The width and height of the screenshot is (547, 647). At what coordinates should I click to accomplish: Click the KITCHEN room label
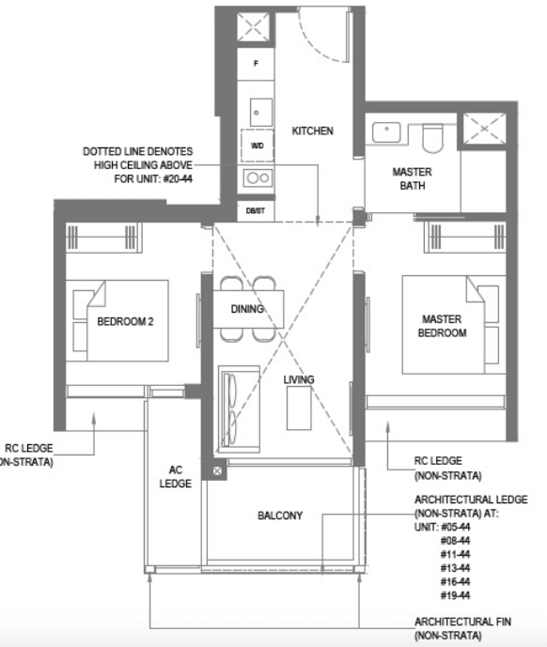312,131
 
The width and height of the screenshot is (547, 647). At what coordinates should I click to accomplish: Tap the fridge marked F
256,64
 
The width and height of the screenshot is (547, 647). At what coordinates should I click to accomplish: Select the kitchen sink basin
261,113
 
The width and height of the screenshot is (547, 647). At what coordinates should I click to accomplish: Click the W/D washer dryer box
258,146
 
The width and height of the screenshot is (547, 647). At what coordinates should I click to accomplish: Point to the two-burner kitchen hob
258,178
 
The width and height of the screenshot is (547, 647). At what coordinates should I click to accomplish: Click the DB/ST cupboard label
256,211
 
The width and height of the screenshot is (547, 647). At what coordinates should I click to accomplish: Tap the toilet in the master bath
432,139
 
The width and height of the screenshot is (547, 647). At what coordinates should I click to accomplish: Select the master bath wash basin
386,132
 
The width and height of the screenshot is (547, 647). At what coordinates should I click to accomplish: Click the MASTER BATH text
413,178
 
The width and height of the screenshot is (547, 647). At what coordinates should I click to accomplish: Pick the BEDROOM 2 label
125,321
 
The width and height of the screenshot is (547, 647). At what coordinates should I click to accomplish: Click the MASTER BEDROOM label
442,326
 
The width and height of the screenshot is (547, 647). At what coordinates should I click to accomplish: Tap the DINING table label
247,309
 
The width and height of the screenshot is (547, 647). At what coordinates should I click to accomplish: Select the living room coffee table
299,408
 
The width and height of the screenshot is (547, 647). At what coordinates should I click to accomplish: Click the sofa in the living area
239,408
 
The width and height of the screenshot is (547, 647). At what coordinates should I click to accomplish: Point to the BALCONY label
280,516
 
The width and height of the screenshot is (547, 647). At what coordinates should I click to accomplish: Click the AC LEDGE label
176,477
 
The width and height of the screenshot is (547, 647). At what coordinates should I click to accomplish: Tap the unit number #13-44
455,568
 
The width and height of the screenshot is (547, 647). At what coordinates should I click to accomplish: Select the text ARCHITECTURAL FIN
462,622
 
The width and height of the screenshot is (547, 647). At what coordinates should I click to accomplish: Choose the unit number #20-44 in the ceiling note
178,179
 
